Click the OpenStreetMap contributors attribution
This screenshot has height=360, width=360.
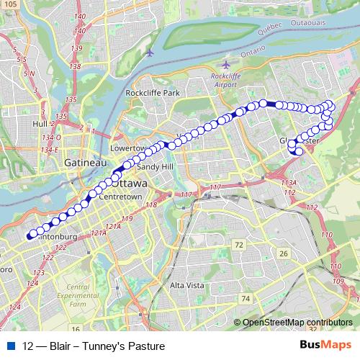click(x=297, y=322)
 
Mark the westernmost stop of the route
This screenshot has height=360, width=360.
click(x=30, y=235)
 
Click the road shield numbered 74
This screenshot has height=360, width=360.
click(x=246, y=298)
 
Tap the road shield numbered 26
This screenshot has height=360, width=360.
click(x=284, y=253)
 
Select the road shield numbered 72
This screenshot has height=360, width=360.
click(x=238, y=246)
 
